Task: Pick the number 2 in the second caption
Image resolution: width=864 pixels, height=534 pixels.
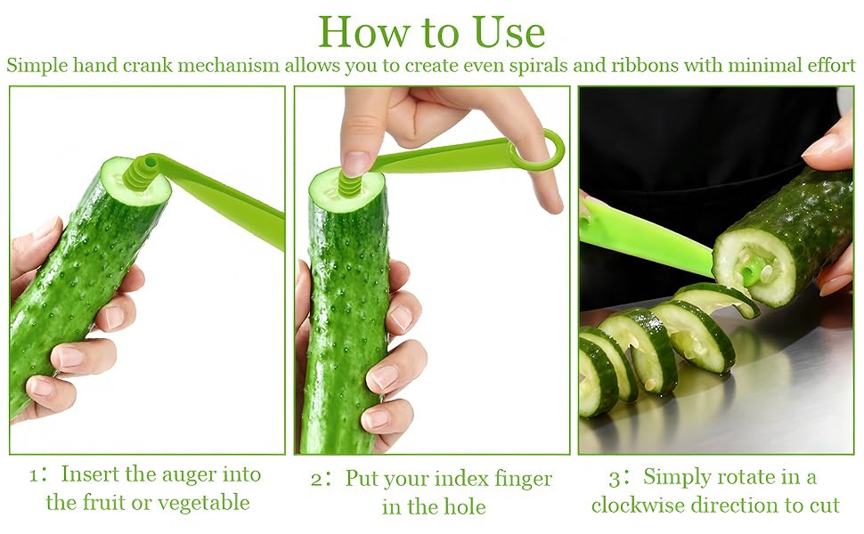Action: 317,480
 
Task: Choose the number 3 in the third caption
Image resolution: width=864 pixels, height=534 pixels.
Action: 615,478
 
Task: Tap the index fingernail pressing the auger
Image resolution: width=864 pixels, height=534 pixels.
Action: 357,163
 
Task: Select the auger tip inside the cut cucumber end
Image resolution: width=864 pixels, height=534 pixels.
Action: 753,266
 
